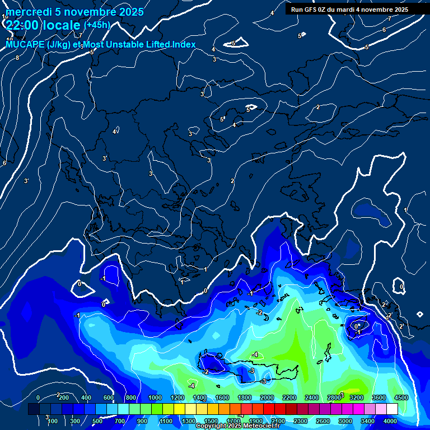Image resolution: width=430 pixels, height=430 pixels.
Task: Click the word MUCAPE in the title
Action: [22, 45]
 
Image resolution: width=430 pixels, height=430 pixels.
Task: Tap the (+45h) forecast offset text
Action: [97, 25]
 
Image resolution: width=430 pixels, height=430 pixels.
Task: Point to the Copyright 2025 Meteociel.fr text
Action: [237, 426]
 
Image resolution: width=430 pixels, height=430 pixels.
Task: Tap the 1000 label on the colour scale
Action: [155, 398]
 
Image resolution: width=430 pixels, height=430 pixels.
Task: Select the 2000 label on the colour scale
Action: [267, 398]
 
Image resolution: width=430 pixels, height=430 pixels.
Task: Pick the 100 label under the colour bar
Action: [53, 420]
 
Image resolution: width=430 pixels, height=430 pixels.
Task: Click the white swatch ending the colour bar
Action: [392, 409]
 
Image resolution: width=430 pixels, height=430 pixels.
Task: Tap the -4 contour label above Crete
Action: [255, 354]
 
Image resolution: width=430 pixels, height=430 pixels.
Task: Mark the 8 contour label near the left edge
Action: [17, 58]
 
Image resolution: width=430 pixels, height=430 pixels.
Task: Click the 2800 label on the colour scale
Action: [334, 398]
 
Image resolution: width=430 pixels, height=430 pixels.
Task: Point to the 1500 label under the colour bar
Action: [211, 420]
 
